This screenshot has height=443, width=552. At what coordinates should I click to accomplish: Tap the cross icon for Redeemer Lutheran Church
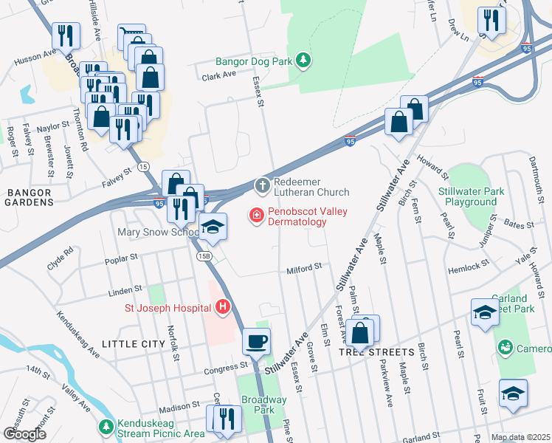coord(262,185)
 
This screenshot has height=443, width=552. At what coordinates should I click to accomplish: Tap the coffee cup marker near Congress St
coord(257,342)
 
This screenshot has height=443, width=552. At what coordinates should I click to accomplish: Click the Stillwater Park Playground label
coord(472,196)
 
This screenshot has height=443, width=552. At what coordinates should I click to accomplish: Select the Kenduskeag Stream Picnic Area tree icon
coord(106,427)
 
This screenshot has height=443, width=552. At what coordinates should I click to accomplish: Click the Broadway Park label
coord(263,405)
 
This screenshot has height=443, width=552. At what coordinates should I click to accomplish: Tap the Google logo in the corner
coord(24,434)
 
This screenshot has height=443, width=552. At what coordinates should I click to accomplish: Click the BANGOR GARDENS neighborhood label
coord(29,197)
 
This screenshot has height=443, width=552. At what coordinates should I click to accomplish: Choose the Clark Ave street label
coord(218,75)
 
